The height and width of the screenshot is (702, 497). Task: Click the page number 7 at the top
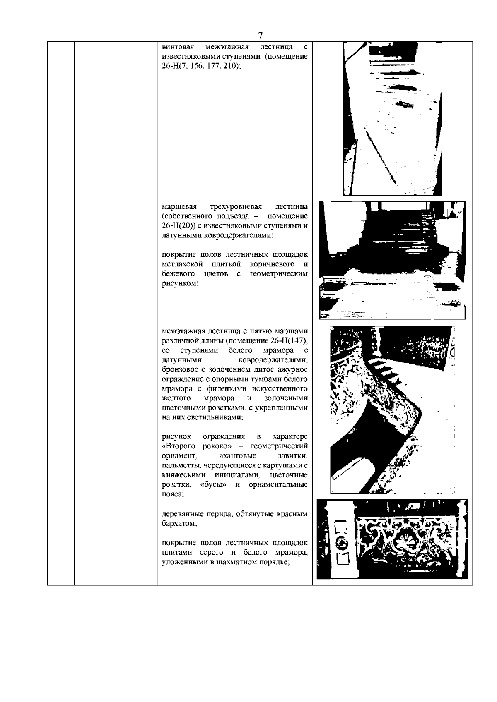260,36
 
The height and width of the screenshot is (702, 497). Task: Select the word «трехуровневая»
236,206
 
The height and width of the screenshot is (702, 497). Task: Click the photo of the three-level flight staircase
392,260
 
